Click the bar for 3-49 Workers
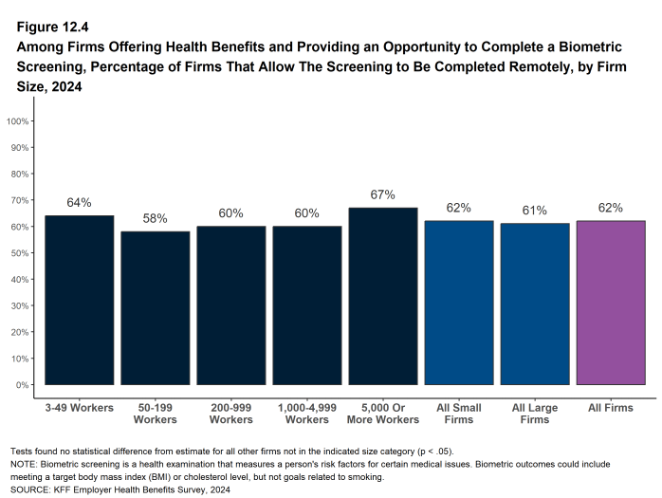tap(80, 300)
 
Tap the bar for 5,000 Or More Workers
tap(383, 296)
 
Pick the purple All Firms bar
tap(611, 303)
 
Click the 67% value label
tap(383, 194)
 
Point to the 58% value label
tap(156, 218)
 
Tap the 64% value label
tap(80, 202)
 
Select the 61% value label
tap(535, 211)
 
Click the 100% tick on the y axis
tap(19, 121)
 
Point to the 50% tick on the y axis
tap(21, 253)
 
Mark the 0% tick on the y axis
tap(24, 385)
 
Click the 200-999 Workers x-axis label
tap(231, 414)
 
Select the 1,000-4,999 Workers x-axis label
tap(307, 414)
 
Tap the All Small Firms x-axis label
tap(459, 414)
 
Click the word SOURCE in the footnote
tap(31, 490)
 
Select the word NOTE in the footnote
tap(25, 464)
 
